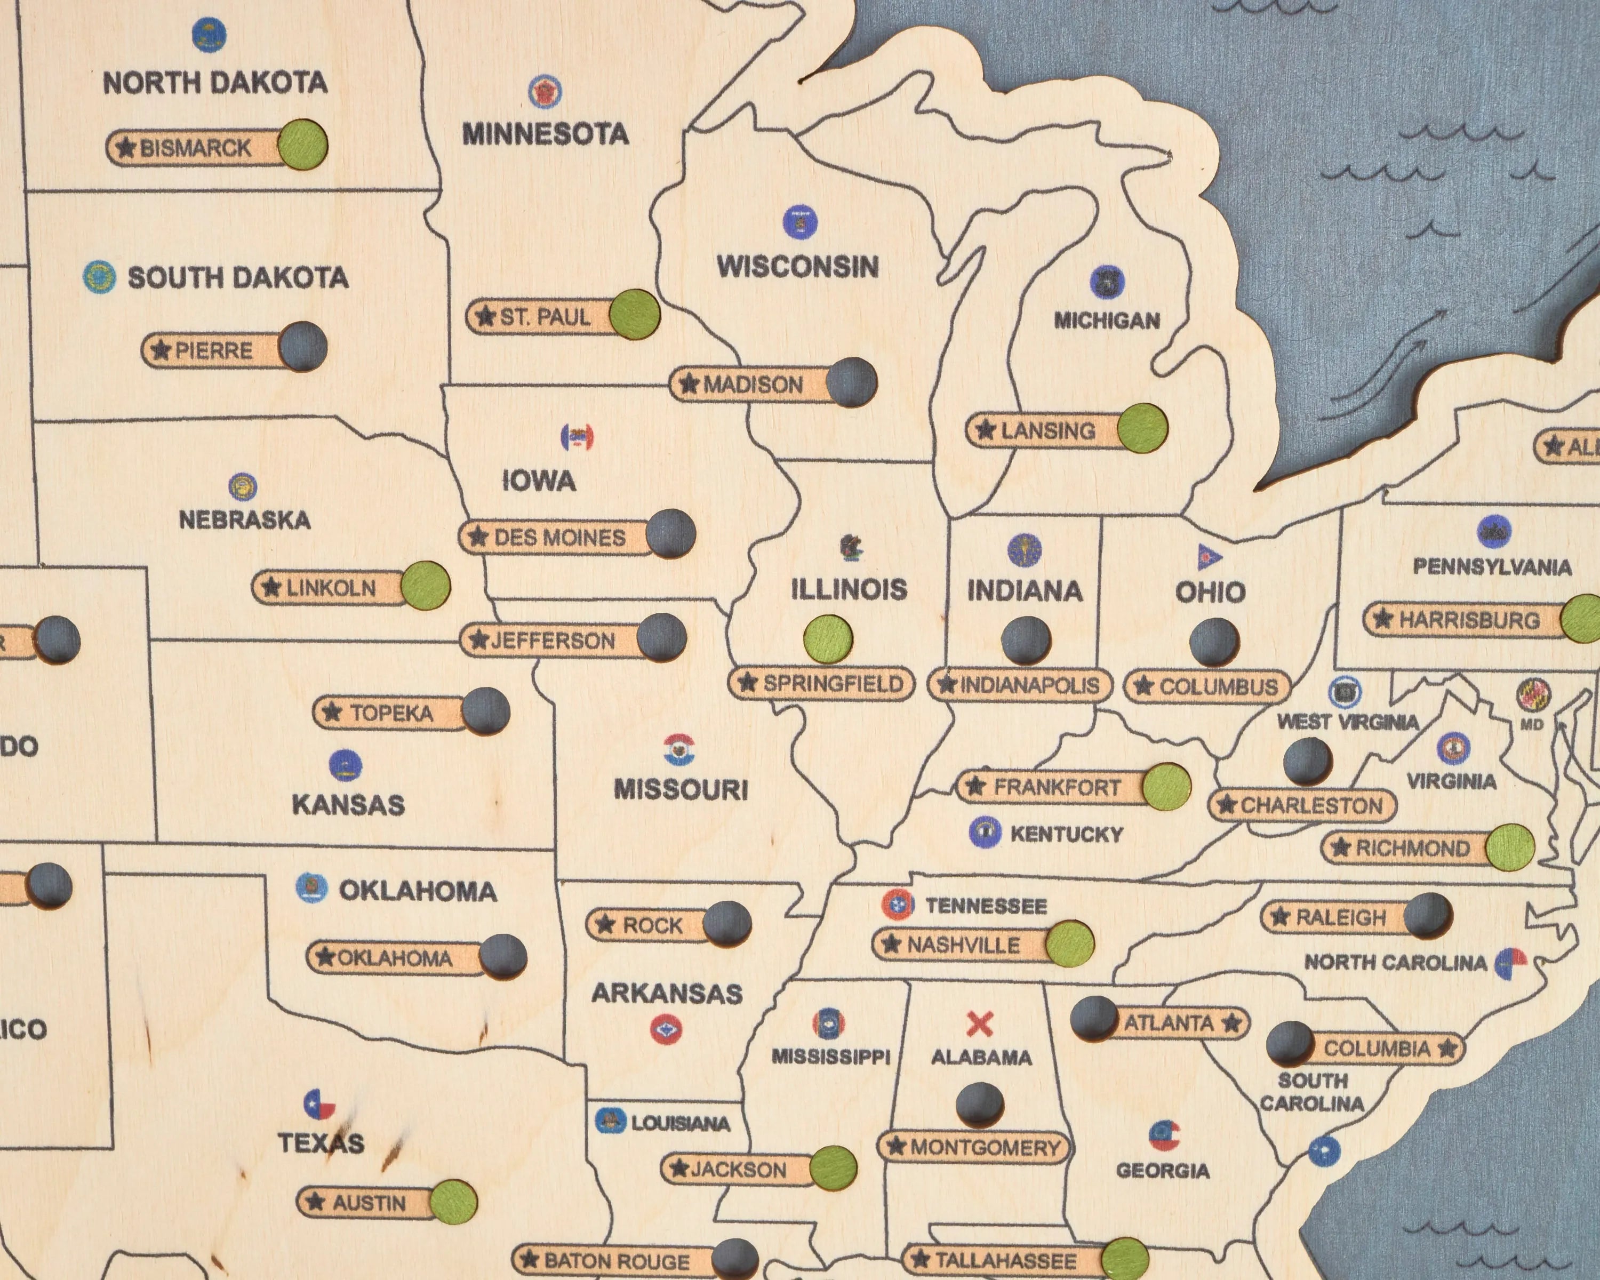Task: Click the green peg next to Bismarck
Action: [303, 144]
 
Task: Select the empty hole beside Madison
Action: [851, 382]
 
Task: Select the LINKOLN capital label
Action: [330, 588]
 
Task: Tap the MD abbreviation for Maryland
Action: [1531, 725]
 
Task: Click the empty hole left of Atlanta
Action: [1094, 1018]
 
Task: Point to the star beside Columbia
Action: [1446, 1048]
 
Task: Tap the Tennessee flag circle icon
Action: [897, 905]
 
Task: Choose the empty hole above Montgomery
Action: [980, 1106]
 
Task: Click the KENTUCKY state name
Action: [1067, 834]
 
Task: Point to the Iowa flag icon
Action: [577, 438]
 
